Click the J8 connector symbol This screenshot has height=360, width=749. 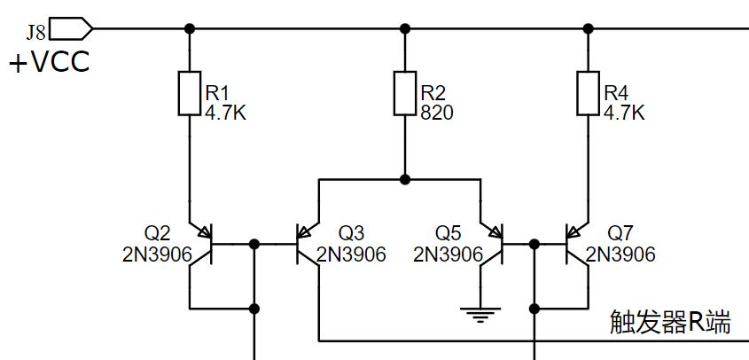pyautogui.click(x=71, y=29)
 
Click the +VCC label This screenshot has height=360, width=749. pyautogui.click(x=50, y=63)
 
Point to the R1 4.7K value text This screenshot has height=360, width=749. pyautogui.click(x=227, y=113)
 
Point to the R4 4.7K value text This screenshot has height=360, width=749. pyautogui.click(x=624, y=113)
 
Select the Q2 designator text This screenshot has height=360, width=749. pyautogui.click(x=157, y=233)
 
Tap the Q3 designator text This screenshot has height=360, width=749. pyautogui.click(x=351, y=233)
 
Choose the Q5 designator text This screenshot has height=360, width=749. pyautogui.click(x=448, y=233)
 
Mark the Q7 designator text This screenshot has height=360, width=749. pyautogui.click(x=620, y=233)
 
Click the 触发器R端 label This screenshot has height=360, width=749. pyautogui.click(x=670, y=323)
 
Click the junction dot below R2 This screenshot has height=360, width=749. pyautogui.click(x=405, y=179)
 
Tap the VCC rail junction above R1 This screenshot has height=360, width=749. pyautogui.click(x=190, y=29)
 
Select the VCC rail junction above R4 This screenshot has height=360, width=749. pyautogui.click(x=588, y=29)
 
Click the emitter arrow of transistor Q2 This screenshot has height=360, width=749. pyautogui.click(x=205, y=233)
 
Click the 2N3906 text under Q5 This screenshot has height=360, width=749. pyautogui.click(x=449, y=255)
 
